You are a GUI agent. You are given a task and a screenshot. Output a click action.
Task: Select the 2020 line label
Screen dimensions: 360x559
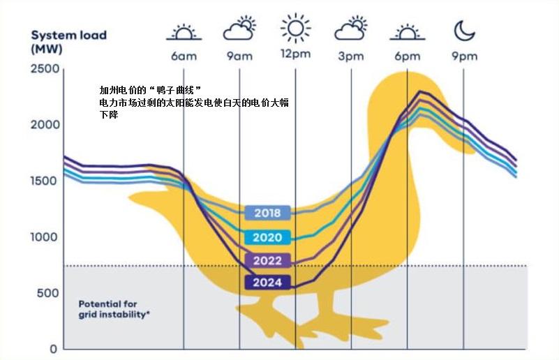(x=267, y=238)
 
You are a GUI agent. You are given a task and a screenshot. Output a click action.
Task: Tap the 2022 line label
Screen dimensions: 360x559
(x=267, y=261)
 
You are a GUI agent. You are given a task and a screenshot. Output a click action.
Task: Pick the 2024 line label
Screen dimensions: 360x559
(x=267, y=283)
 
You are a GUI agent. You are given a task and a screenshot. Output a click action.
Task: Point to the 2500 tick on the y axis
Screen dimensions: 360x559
(x=45, y=69)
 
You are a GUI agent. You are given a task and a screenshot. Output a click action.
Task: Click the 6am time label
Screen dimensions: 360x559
(x=184, y=57)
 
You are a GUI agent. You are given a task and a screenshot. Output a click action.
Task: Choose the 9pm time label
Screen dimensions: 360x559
(x=464, y=57)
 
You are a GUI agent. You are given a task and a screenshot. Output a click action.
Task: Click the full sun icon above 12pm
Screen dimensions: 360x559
(x=295, y=29)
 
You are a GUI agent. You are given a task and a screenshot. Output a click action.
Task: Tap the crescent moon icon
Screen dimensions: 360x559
(x=464, y=30)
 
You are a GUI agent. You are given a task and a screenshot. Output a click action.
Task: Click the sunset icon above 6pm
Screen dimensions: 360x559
(x=407, y=31)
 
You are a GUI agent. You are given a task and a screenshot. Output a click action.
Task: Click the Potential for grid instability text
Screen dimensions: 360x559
(x=114, y=309)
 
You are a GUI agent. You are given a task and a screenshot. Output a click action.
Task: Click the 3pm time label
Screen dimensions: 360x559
(x=351, y=57)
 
